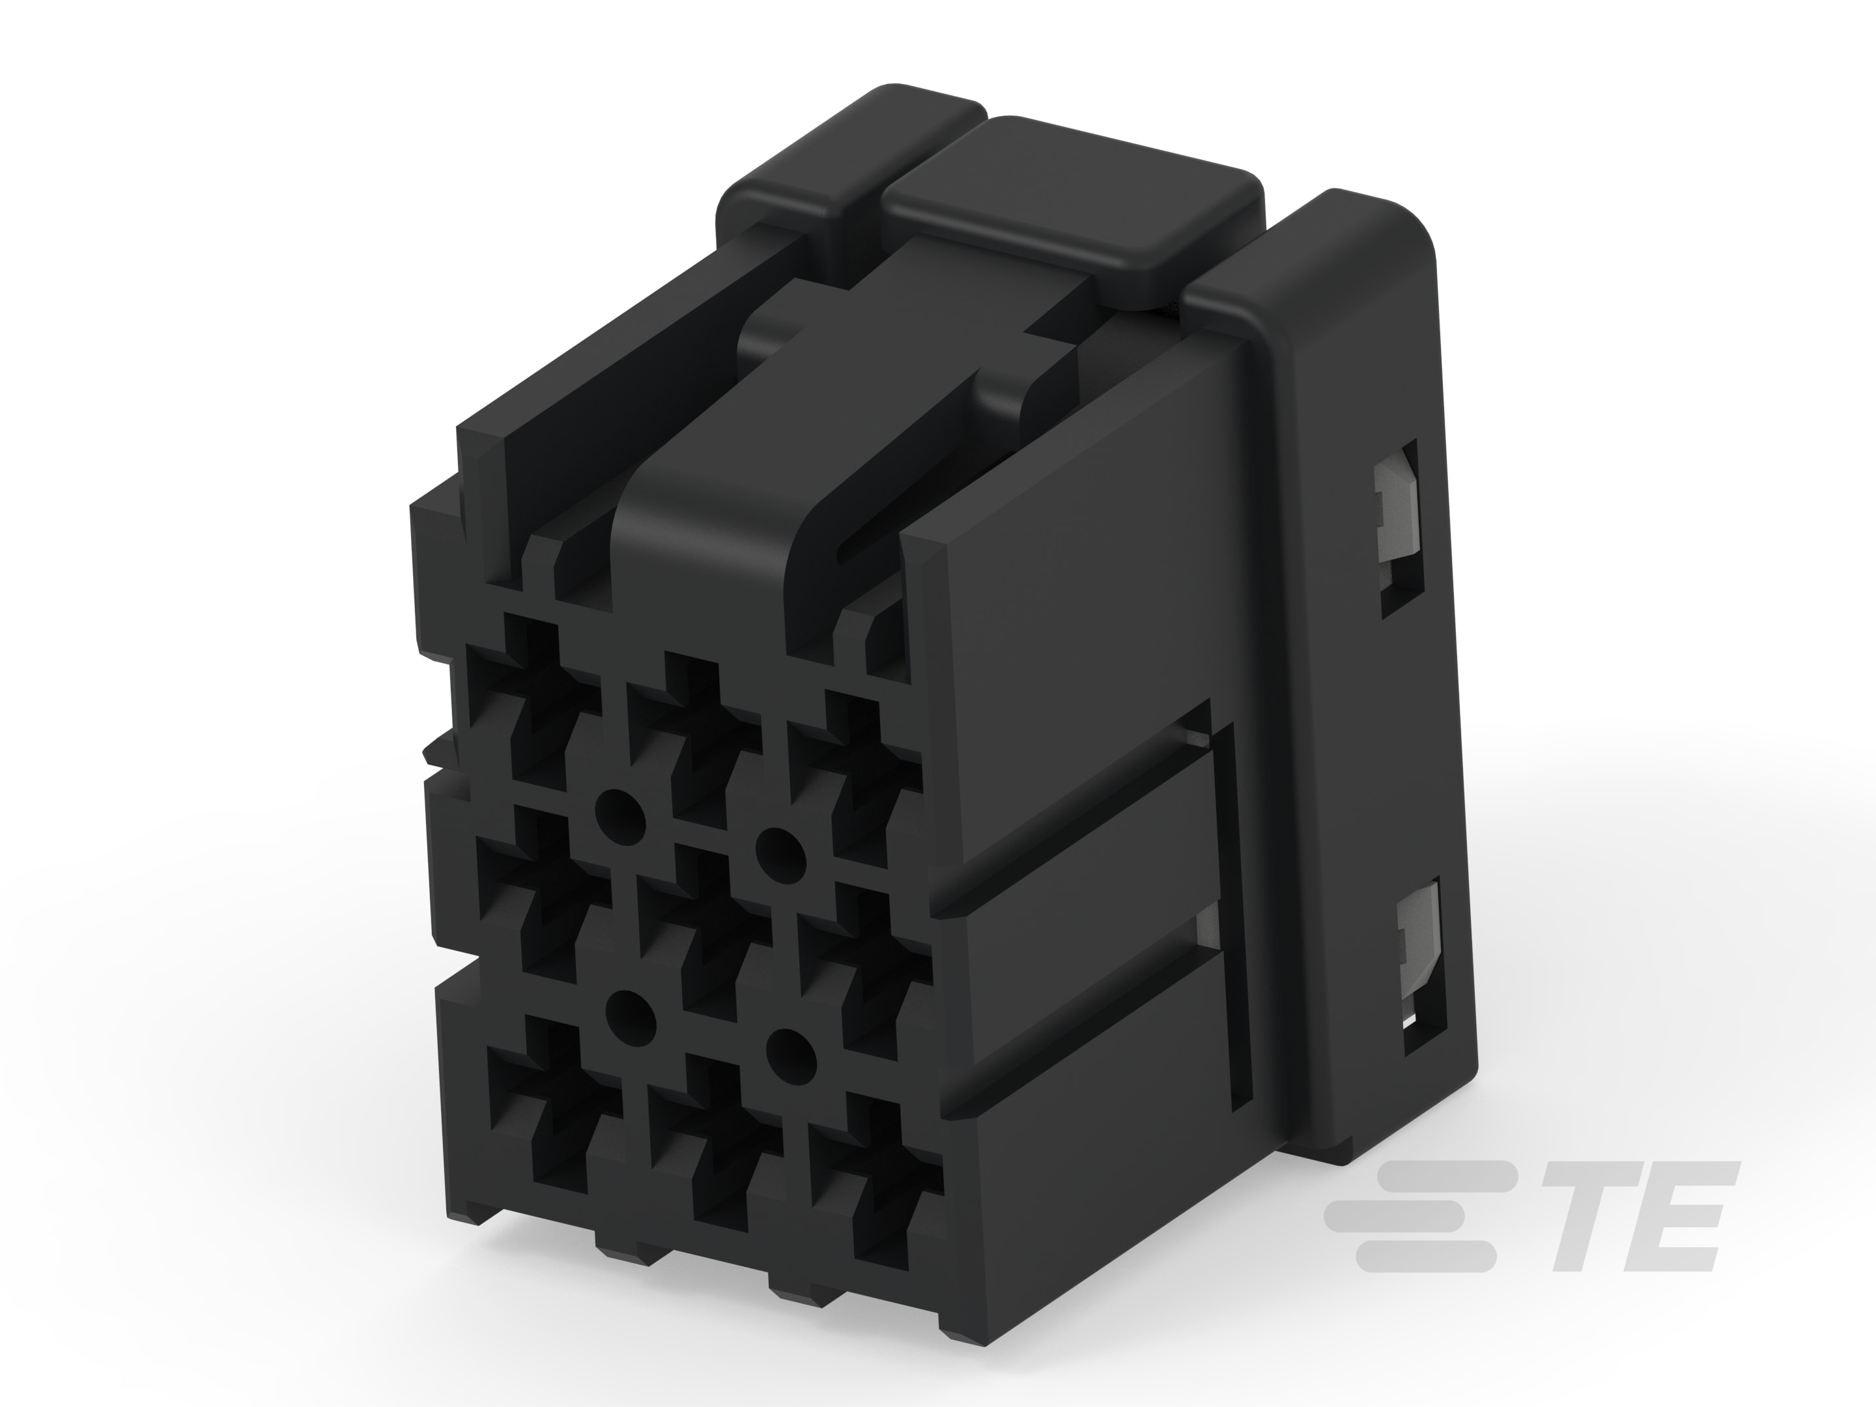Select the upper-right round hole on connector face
coord(780,846)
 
